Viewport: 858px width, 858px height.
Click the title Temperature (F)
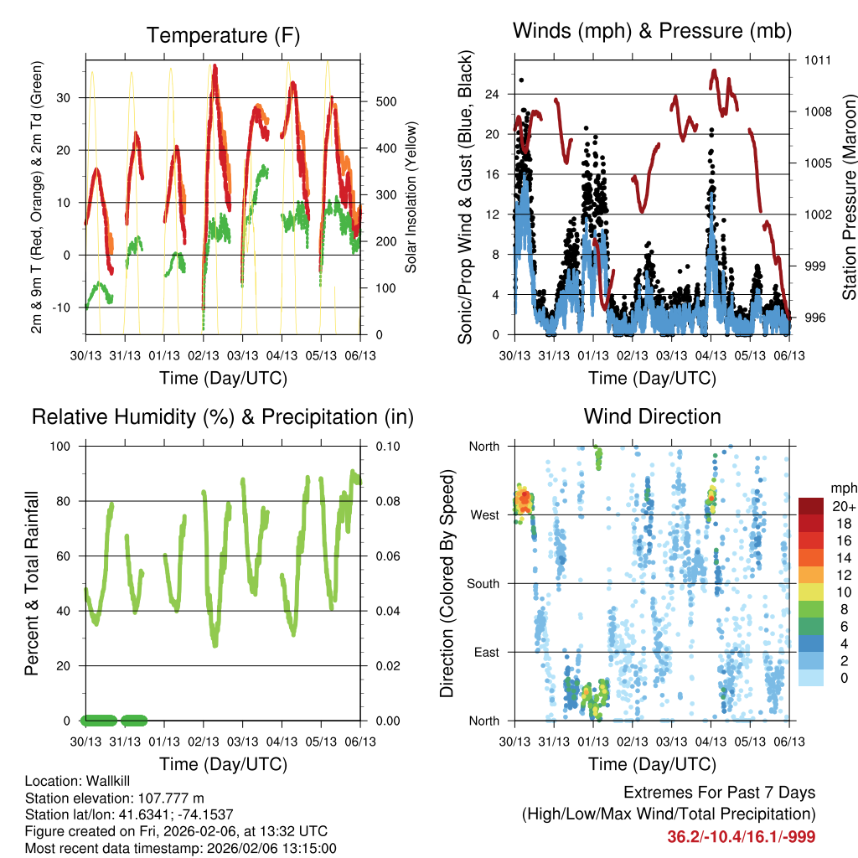pos(223,35)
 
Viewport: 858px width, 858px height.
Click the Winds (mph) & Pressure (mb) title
pos(652,31)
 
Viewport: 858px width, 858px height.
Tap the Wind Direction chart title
pos(652,416)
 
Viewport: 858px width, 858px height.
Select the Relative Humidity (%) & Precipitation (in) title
pos(223,416)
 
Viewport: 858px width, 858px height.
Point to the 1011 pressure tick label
pos(819,60)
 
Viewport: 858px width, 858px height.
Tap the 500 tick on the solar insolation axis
pos(385,101)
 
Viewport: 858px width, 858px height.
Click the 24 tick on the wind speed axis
pos(494,94)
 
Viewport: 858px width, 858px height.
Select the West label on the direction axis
pos(485,514)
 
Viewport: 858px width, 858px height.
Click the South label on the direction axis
pos(483,583)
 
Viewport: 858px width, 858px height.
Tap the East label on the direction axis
pos(486,652)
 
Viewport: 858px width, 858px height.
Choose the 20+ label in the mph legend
pos(843,506)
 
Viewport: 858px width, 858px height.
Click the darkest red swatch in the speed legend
pos(813,506)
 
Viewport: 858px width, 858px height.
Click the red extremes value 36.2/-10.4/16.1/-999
pos(741,836)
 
